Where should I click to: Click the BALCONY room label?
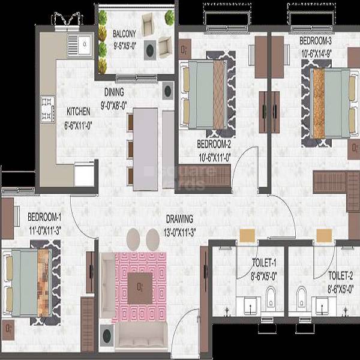(124, 33)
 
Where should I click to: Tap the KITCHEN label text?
(78, 111)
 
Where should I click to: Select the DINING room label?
(113, 92)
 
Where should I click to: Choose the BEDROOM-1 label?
(44, 217)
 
